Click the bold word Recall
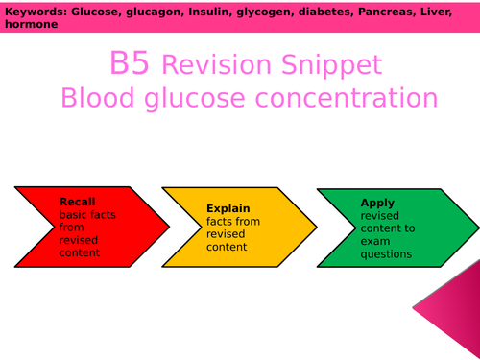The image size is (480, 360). tap(78, 203)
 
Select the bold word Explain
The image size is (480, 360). tap(228, 207)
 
